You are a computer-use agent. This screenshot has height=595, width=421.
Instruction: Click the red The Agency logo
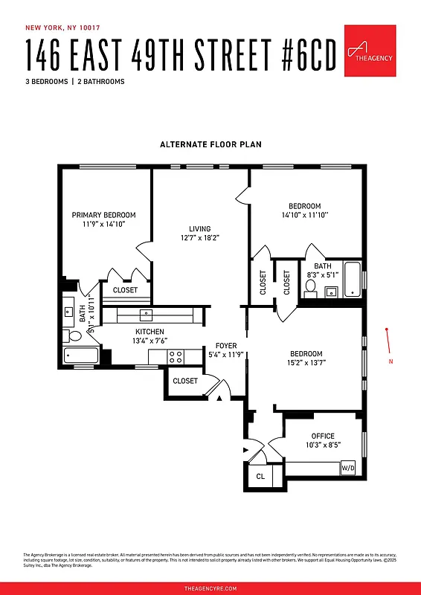tap(370, 51)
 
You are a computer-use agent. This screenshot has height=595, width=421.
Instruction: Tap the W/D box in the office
tap(348, 469)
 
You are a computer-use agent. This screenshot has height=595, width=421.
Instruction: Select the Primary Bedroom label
tap(103, 215)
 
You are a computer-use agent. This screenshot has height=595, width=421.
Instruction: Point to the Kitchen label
tap(150, 332)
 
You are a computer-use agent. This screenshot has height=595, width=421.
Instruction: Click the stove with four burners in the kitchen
tap(176, 357)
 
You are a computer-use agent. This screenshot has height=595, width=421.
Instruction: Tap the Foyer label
tap(226, 346)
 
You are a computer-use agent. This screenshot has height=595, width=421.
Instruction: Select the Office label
tap(323, 436)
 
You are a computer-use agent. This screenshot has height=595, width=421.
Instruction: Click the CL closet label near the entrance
tap(260, 476)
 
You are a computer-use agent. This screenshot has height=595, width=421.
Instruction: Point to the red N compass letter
tap(391, 362)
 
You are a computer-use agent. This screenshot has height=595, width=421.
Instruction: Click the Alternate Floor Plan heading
tap(210, 144)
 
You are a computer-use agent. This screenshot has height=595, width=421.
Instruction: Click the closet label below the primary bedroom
tap(125, 290)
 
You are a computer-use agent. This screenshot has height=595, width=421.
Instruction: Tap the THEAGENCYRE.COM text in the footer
tap(210, 588)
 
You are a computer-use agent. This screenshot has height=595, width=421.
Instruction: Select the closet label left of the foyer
tap(185, 381)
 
